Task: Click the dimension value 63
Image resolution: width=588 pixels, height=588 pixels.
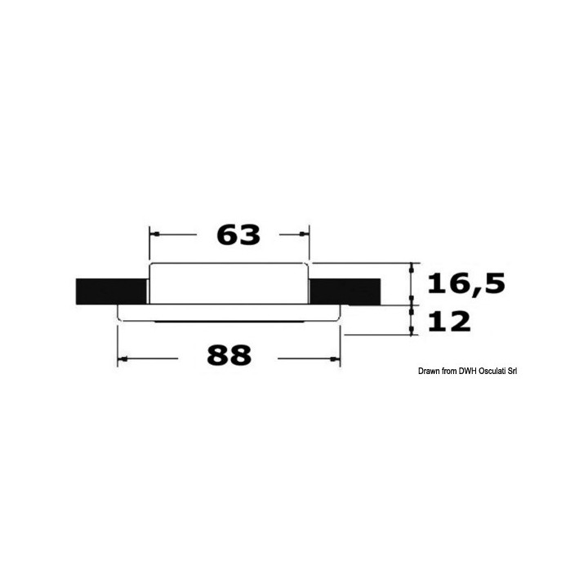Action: click(238, 235)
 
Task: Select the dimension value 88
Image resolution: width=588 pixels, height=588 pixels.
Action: click(229, 355)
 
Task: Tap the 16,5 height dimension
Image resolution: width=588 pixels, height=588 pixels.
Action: click(466, 283)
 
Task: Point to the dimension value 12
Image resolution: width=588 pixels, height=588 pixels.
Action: click(449, 322)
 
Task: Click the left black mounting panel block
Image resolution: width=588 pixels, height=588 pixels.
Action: click(111, 292)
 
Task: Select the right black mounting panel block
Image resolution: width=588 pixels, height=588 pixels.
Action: click(345, 292)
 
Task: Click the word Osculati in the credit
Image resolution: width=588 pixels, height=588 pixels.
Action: click(492, 372)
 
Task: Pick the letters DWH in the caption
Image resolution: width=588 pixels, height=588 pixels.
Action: click(467, 372)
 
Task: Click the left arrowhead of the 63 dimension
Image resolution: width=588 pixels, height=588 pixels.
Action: click(155, 234)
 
